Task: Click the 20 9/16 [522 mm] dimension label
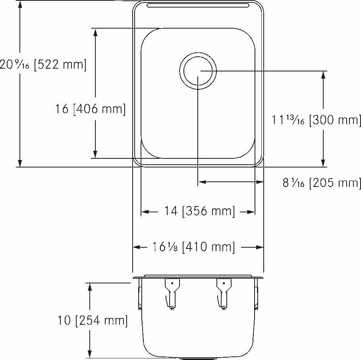43,65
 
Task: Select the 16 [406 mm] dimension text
91,109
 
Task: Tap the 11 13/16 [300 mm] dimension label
317,120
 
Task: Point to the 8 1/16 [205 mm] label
322,183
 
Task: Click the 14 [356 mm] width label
199,211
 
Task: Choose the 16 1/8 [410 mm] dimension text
194,247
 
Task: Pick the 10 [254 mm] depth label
93,320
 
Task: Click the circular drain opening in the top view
198,71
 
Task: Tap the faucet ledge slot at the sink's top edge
198,5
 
